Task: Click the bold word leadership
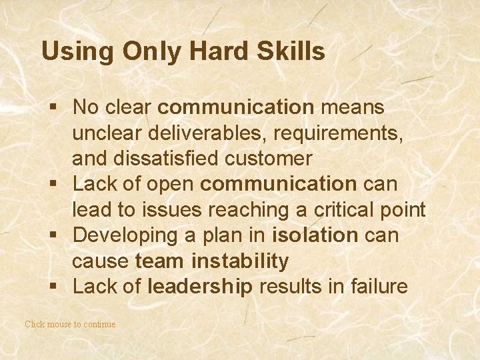pyautogui.click(x=200, y=287)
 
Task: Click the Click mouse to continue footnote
pyautogui.click(x=70, y=325)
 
